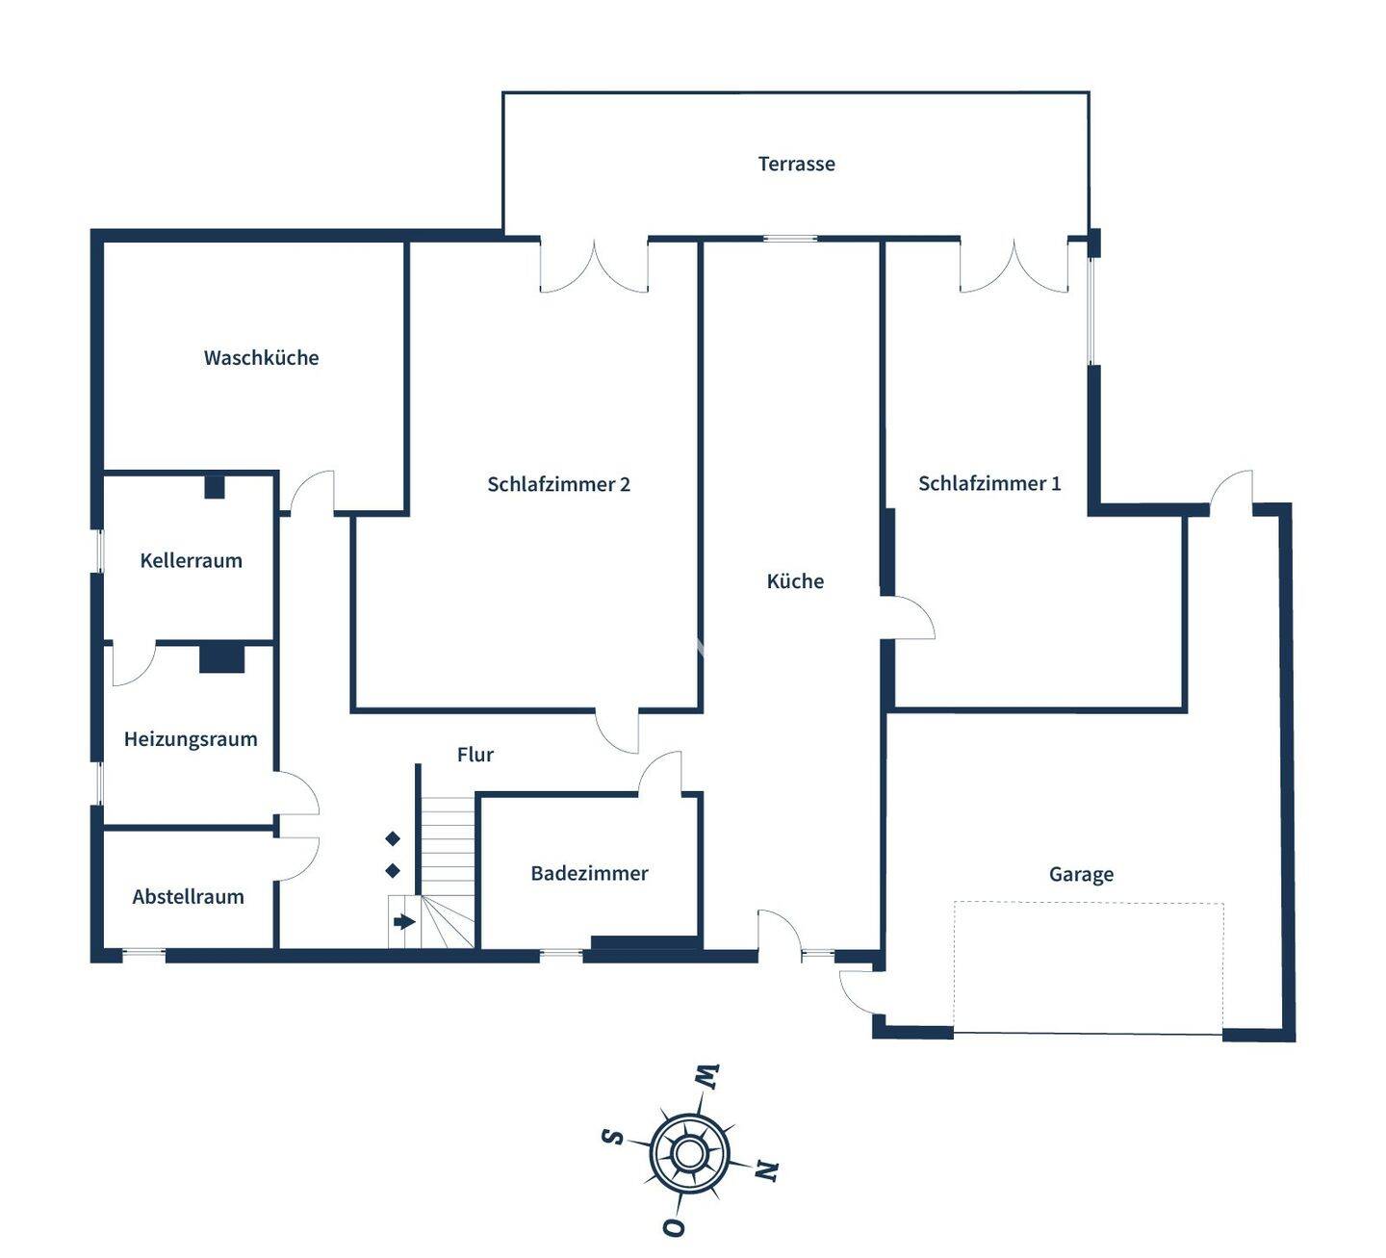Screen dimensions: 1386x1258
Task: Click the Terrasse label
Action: coord(796,164)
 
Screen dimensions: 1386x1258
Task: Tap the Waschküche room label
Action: coord(261,357)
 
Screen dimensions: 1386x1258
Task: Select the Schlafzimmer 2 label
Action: coord(558,484)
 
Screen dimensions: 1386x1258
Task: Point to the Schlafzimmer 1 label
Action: coord(988,483)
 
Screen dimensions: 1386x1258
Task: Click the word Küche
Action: coord(795,580)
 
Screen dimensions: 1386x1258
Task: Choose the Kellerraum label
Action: coord(191,560)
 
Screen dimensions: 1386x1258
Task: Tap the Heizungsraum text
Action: coord(191,739)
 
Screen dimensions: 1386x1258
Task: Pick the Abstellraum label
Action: coord(188,896)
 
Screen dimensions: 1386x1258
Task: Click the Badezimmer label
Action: coord(589,873)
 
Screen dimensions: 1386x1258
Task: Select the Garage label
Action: coord(1081,874)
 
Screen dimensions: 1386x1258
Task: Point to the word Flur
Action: coord(475,754)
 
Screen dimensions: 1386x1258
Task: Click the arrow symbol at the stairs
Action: coord(404,921)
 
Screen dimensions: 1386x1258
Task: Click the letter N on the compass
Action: coord(767,1170)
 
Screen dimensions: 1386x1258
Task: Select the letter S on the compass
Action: coord(613,1137)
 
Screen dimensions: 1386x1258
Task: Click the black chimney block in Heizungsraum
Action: coord(221,658)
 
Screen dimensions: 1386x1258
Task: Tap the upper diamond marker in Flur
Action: coord(393,838)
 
